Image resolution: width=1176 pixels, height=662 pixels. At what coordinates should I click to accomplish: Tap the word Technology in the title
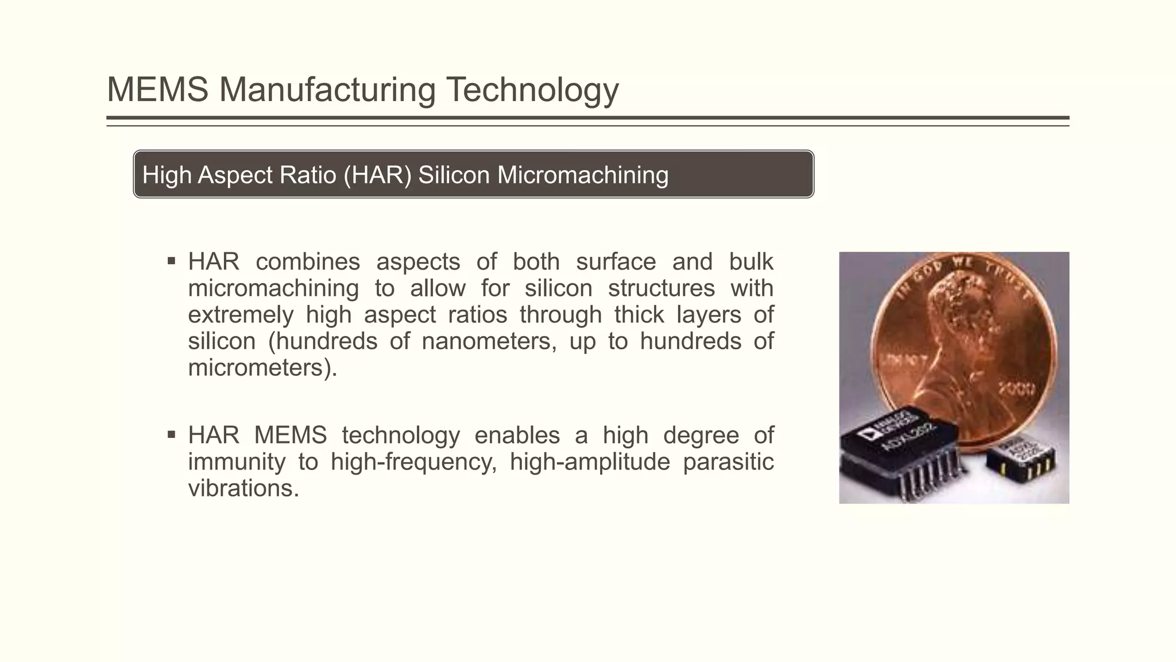coord(532,90)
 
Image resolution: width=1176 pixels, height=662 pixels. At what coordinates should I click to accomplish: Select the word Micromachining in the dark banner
coord(583,175)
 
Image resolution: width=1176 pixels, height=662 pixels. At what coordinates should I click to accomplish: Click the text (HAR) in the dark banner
coord(377,175)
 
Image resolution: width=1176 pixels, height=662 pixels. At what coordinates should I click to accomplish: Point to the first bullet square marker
coord(171,261)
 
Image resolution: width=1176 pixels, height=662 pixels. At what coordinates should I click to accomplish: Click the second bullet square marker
coord(171,434)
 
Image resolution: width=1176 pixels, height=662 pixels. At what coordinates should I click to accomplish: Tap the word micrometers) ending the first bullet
coord(262,368)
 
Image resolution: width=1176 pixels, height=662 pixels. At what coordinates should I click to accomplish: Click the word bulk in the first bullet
coord(751,261)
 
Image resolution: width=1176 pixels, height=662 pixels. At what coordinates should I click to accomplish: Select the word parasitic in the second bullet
coord(728,461)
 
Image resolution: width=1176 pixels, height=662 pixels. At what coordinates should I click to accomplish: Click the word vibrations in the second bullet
coord(243,488)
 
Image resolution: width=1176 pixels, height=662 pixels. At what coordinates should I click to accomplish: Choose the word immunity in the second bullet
coord(237,461)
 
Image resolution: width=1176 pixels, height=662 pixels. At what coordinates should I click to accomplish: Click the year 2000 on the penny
coord(1017,389)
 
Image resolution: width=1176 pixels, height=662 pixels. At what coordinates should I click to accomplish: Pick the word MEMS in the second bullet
coord(290,435)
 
